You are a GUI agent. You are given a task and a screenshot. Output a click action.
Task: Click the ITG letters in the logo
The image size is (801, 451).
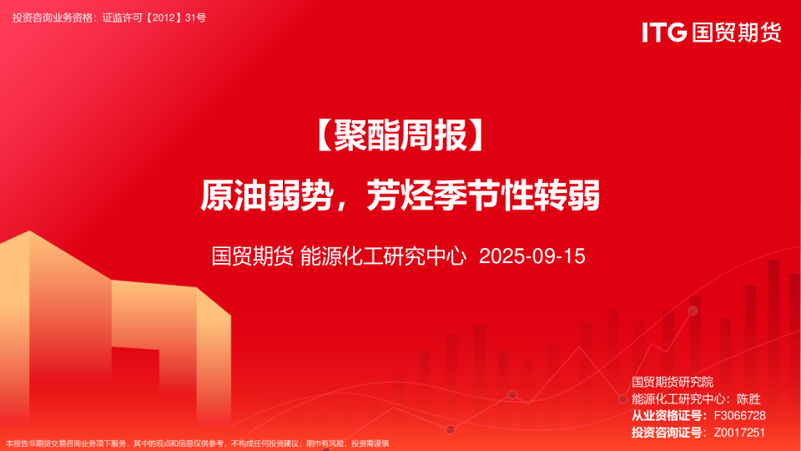664,33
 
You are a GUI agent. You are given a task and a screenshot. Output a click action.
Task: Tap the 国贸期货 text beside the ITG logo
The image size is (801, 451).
737,33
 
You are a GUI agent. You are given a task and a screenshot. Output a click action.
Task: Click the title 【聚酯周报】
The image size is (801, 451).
400,135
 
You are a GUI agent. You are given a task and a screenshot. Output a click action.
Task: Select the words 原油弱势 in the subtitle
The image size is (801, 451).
267,195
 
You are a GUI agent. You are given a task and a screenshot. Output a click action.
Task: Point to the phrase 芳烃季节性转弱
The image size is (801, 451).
483,195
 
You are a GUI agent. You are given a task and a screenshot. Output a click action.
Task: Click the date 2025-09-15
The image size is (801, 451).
531,256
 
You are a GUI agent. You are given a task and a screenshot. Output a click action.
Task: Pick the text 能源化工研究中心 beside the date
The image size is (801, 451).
383,256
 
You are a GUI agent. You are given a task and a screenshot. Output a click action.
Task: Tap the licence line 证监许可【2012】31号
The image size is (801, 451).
154,18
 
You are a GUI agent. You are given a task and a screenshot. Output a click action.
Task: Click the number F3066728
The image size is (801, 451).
739,416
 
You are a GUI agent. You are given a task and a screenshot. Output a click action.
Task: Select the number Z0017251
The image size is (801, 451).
739,433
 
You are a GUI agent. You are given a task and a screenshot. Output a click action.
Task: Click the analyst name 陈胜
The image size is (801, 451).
749,399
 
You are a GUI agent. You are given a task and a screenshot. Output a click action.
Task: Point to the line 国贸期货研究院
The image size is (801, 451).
673,382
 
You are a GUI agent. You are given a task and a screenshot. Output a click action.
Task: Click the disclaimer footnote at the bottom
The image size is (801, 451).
197,443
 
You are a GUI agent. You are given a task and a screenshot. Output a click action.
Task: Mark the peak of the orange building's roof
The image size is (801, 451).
29,231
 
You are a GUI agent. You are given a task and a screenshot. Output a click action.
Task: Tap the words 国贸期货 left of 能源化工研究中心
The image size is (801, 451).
252,256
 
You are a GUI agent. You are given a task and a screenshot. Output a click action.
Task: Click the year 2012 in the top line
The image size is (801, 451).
164,18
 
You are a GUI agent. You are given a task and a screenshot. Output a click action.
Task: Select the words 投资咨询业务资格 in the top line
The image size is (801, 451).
53,18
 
